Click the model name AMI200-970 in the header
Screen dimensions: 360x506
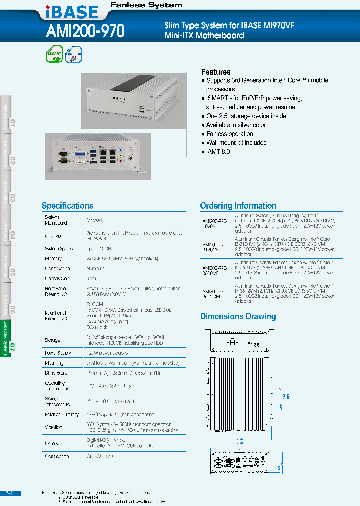(x=85, y=32)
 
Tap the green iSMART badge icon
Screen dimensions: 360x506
(x=54, y=54)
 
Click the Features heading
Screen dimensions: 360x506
(x=216, y=72)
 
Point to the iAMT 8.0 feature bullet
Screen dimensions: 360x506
(x=218, y=151)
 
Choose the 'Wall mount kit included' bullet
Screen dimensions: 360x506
(x=236, y=143)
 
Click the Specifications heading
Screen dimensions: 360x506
(x=67, y=206)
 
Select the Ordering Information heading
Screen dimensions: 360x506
(x=238, y=206)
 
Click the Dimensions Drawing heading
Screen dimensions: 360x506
(x=238, y=316)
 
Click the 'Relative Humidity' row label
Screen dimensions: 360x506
(x=62, y=415)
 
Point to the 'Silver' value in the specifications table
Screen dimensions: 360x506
(x=91, y=279)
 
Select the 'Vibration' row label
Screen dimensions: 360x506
(x=53, y=427)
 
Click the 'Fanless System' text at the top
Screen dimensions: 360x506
(x=146, y=5)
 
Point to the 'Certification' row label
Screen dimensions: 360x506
(x=57, y=457)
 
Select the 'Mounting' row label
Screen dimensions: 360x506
(x=54, y=363)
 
